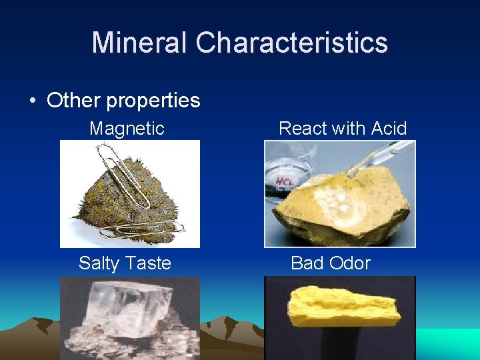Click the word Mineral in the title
139,42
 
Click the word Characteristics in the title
291,42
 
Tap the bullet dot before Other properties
32,101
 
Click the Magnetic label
127,129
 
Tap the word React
301,129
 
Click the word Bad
307,263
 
